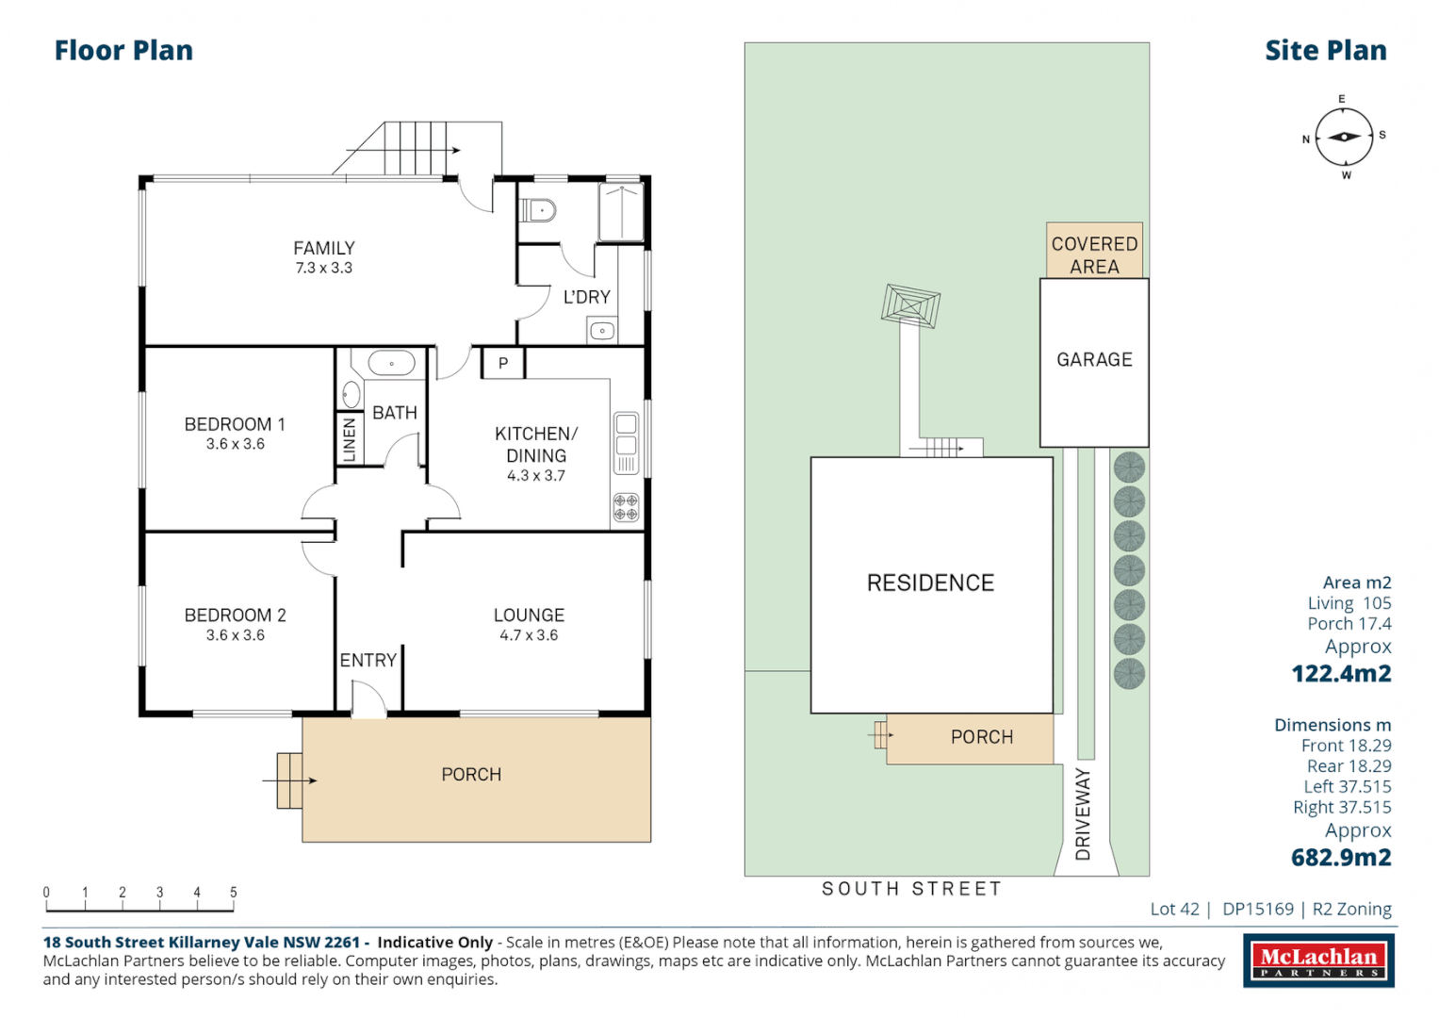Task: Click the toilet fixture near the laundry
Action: tap(538, 209)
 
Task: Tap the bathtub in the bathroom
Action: tap(391, 363)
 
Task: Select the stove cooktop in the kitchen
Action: tap(626, 507)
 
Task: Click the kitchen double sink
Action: tap(626, 435)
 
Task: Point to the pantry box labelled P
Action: tap(503, 363)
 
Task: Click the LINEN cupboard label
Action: tap(349, 439)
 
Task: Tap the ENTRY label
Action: tap(368, 661)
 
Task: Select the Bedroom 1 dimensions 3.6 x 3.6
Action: tap(236, 444)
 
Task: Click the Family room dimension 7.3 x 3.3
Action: tap(323, 269)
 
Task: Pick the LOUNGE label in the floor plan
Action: tap(529, 615)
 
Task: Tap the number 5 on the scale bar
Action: tap(234, 892)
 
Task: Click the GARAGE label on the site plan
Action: tap(1094, 360)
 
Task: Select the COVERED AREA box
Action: tap(1094, 251)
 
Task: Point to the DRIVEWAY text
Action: tap(1083, 813)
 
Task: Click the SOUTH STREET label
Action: tap(911, 889)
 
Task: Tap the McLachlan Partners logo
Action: tap(1318, 961)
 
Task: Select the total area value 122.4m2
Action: tap(1340, 674)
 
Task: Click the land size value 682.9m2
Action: tap(1340, 858)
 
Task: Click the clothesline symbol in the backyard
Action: tap(910, 306)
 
